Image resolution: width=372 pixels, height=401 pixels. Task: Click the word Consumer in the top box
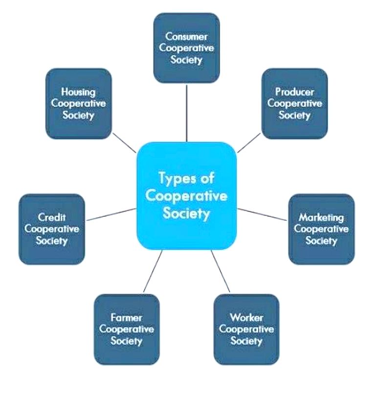tap(186, 37)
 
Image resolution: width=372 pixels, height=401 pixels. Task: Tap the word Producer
tap(294, 92)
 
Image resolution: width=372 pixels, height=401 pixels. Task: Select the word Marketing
tap(321, 217)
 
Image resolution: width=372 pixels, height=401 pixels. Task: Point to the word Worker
tap(246, 317)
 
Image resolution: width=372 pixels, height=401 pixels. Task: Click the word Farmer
tap(126, 317)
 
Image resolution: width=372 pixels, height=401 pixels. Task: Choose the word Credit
tap(51, 217)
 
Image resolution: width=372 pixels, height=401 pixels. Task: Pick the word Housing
tap(78, 92)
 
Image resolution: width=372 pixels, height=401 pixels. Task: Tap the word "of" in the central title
tap(207, 178)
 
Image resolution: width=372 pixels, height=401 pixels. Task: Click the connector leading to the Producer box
tap(249, 142)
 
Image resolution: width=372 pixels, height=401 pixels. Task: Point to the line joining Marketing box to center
tap(263, 214)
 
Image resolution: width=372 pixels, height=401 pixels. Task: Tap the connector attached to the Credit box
tap(110, 214)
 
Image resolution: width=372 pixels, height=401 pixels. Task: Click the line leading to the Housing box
tap(124, 142)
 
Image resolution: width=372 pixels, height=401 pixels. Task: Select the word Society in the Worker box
tap(246, 341)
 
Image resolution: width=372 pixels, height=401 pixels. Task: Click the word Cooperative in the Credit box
tap(51, 229)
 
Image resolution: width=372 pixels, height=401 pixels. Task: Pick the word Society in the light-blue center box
tap(186, 214)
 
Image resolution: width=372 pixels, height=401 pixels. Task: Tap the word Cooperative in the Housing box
tap(78, 103)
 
